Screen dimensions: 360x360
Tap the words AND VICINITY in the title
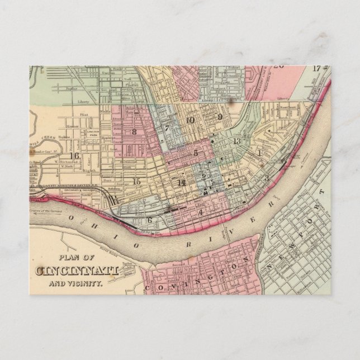point(78,283)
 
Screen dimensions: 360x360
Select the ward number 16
point(73,156)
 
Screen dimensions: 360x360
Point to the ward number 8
point(134,132)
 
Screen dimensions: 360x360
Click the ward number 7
point(167,128)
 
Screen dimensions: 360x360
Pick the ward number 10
point(190,120)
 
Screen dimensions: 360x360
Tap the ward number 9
point(220,117)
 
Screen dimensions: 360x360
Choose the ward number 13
point(237,141)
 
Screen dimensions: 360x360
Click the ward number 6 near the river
point(150,220)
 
